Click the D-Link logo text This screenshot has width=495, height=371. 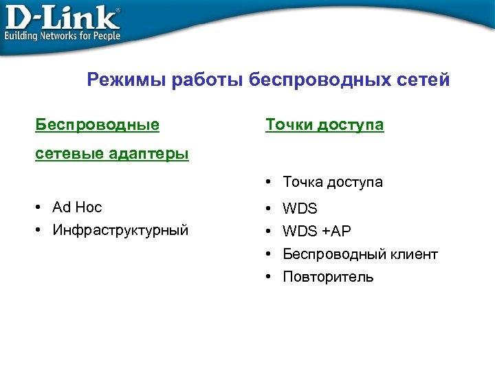[60, 16]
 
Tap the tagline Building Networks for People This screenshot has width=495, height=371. [63, 36]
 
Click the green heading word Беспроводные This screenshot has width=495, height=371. [98, 125]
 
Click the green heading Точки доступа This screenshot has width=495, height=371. [324, 125]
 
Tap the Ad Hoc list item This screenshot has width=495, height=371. [77, 207]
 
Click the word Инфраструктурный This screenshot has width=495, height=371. [120, 230]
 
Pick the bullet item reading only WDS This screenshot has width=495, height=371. [300, 207]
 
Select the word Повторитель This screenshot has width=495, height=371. [328, 277]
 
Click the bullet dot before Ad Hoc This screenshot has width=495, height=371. [40, 207]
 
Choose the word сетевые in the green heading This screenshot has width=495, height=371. [69, 153]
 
